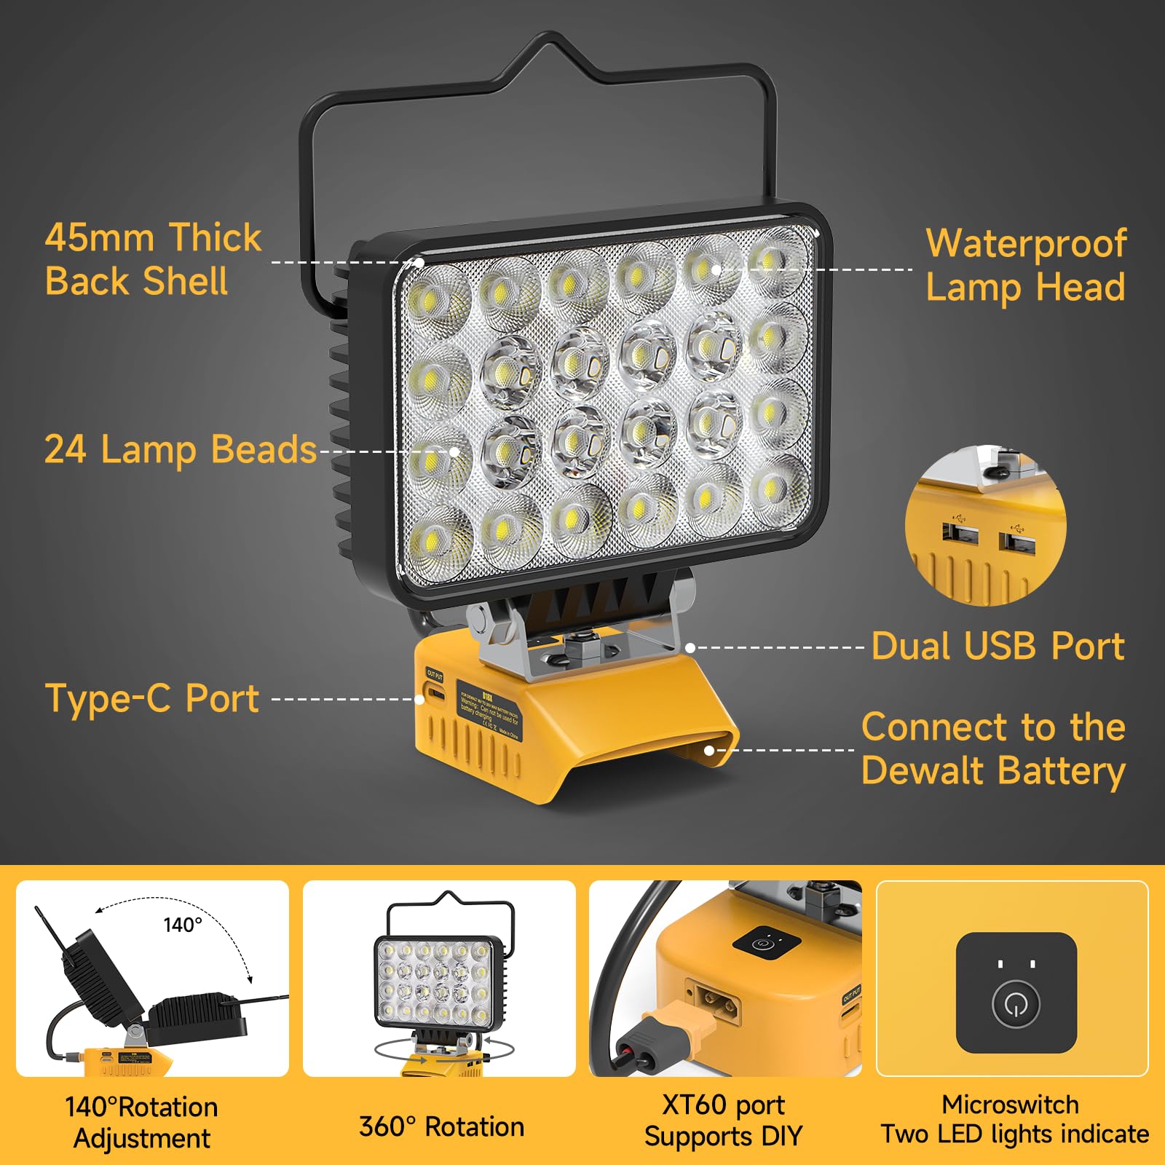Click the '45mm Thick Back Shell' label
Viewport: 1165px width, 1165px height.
[153, 259]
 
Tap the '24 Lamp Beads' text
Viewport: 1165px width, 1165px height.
[181, 449]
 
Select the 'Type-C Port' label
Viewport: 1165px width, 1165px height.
[152, 698]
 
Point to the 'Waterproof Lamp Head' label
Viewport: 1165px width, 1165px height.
[1026, 265]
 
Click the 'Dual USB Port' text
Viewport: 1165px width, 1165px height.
[998, 647]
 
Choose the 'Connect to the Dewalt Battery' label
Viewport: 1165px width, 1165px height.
[993, 749]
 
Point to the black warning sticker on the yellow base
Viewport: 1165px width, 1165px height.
[489, 708]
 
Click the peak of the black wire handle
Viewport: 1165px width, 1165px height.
[550, 36]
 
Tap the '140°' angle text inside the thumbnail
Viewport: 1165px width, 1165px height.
[183, 925]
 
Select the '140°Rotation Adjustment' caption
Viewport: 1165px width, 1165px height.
[142, 1122]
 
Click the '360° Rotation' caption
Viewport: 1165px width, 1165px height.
[441, 1126]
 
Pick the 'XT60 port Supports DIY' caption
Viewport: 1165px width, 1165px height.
[723, 1121]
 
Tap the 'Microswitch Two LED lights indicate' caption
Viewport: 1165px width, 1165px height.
[1014, 1119]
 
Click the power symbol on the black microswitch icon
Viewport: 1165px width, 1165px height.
[1016, 1004]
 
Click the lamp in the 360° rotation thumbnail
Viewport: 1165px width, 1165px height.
[439, 983]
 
